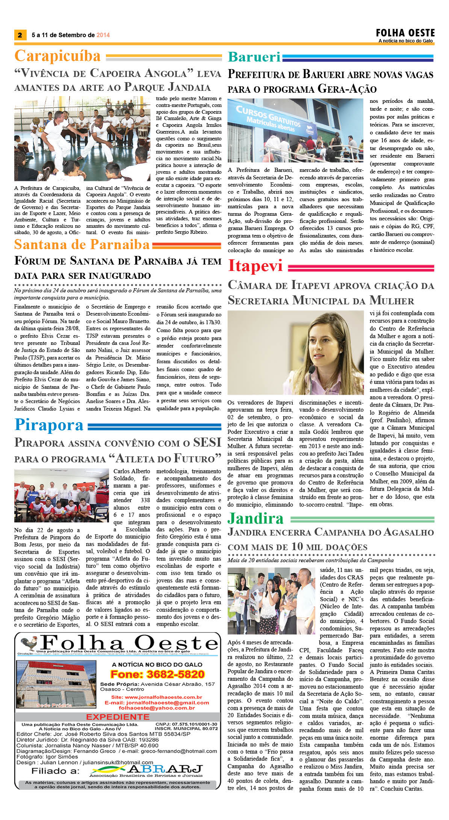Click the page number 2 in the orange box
tap(20, 35)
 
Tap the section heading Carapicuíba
tap(57, 56)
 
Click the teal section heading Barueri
tap(254, 57)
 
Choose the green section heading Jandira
tap(255, 518)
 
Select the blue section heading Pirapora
tap(49, 425)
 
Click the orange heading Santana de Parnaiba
tap(82, 245)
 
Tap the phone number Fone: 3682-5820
tap(157, 674)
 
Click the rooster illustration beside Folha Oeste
tap(29, 643)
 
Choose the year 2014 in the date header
tap(103, 35)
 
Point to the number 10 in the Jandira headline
tap(296, 546)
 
